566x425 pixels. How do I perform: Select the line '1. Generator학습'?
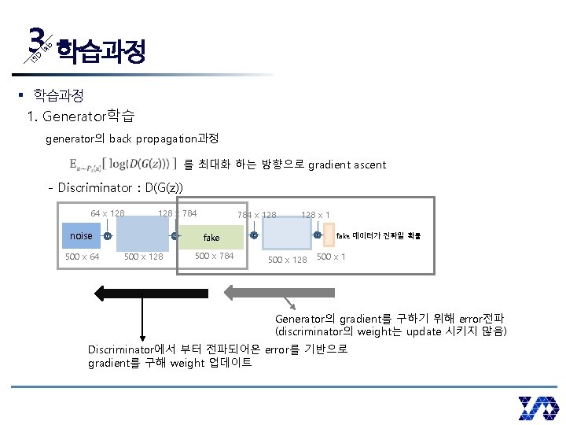[81, 117]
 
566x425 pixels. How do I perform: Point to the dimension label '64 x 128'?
[108, 213]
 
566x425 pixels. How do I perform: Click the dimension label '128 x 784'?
[177, 213]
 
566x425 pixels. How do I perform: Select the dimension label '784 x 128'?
[256, 215]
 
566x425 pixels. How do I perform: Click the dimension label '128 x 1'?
[315, 215]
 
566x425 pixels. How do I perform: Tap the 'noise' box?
[81, 235]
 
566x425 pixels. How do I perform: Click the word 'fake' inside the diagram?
[211, 237]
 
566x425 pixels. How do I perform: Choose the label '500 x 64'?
[82, 257]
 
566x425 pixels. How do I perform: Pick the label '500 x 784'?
[214, 256]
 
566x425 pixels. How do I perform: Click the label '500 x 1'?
[331, 257]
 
